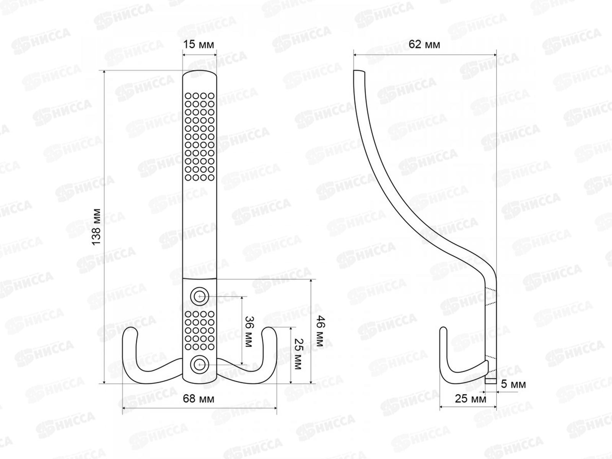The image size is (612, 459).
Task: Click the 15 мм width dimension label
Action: pos(199,44)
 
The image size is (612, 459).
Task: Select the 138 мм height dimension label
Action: pos(97,226)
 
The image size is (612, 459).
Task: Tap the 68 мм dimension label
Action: pos(199,399)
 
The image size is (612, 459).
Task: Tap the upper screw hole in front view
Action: pos(199,296)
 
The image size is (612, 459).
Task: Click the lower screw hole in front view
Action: pos(199,365)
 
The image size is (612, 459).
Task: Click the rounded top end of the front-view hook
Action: pos(200,73)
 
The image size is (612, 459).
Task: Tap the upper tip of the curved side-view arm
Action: pos(359,72)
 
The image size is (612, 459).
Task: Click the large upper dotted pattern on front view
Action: pos(200,136)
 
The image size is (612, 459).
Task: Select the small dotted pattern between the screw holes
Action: pos(200,330)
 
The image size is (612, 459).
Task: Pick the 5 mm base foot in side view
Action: pos(490,381)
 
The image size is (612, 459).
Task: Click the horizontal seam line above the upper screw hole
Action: pos(200,279)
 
